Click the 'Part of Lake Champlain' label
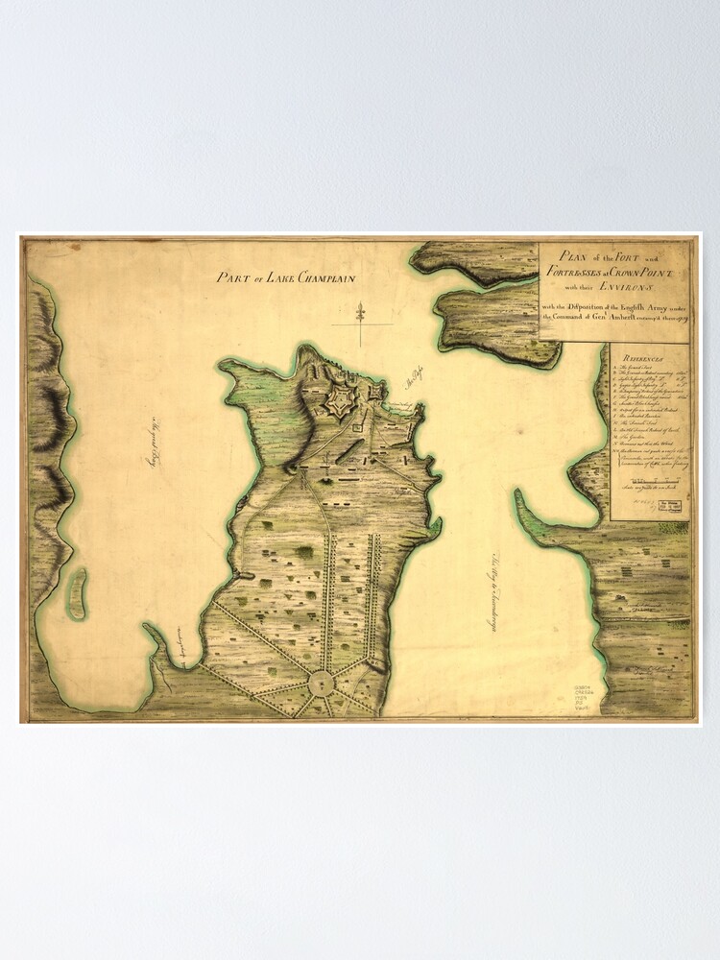[286, 278]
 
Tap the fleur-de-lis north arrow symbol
[360, 314]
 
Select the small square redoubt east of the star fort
[380, 391]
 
